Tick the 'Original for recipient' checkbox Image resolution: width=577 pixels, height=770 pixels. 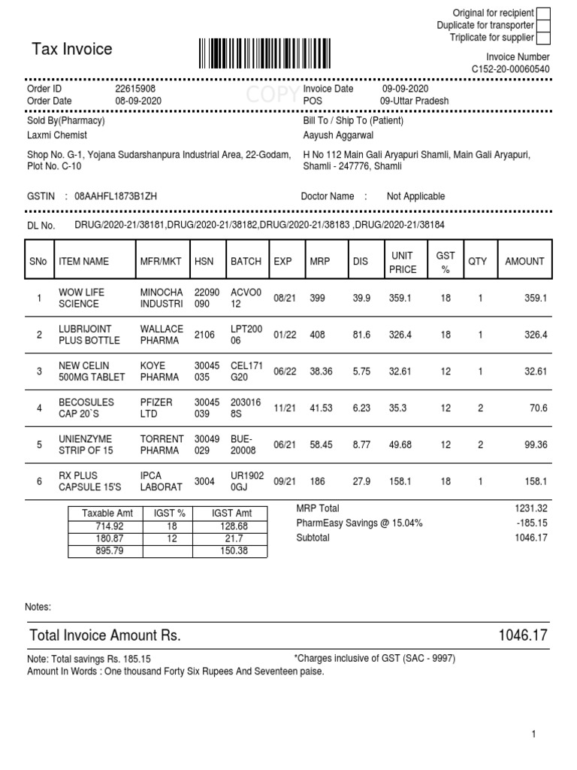(543, 13)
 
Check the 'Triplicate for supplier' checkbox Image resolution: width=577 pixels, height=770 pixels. (543, 38)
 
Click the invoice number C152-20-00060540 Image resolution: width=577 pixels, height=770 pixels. (510, 69)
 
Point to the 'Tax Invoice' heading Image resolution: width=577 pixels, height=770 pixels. (72, 50)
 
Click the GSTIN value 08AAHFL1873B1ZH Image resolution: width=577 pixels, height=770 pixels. (116, 196)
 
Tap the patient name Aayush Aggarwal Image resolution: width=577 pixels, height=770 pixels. (338, 135)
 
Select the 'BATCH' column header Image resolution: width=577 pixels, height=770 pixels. (246, 262)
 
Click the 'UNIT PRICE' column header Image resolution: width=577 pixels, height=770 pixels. (402, 262)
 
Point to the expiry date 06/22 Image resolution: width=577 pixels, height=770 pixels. (283, 371)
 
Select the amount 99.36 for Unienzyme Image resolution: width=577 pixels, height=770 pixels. (535, 445)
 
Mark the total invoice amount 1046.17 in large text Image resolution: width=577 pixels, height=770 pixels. (523, 636)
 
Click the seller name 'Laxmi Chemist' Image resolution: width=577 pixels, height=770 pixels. (57, 135)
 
